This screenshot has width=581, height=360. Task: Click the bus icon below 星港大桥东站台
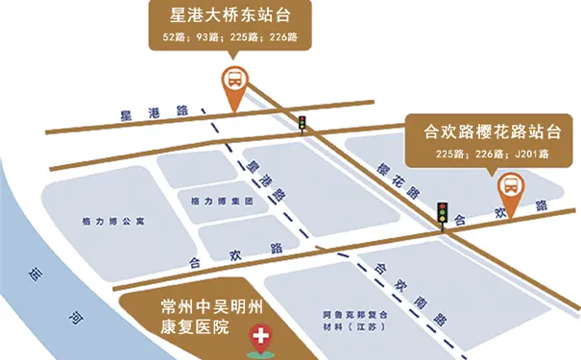(x=233, y=79)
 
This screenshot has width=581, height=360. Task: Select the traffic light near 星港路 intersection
(x=303, y=124)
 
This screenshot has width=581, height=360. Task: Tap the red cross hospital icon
(x=258, y=337)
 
